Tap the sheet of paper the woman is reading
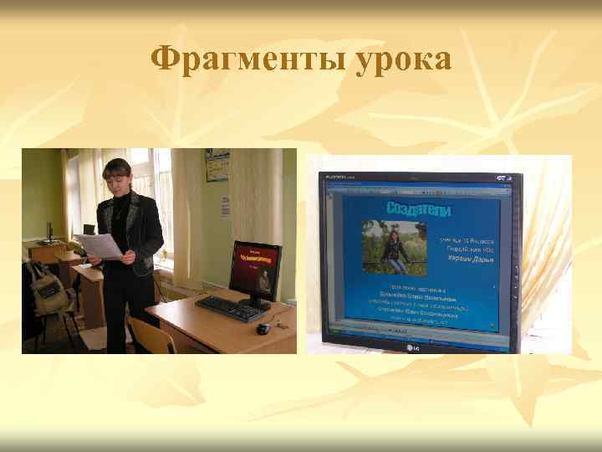[x=99, y=244]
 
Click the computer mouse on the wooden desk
[x=263, y=329]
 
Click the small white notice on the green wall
[x=225, y=207]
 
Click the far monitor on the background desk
[x=49, y=230]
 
